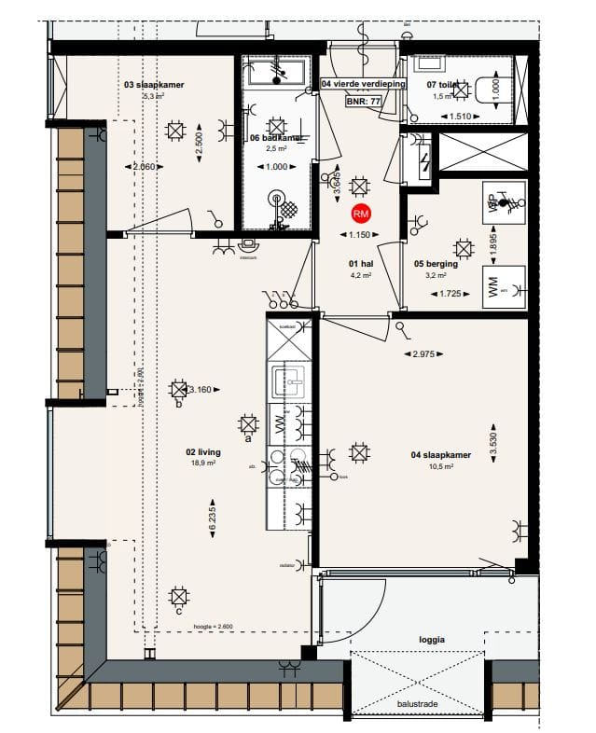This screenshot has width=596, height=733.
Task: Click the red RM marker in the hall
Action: (361, 214)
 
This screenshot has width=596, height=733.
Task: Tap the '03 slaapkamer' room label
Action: (154, 84)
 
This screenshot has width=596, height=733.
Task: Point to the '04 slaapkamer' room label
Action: (439, 455)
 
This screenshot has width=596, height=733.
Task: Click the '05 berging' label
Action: (435, 264)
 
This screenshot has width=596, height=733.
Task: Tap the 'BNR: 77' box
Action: (363, 100)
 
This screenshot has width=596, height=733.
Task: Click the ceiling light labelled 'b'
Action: (177, 391)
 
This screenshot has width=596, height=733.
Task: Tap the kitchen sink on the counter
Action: (285, 380)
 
